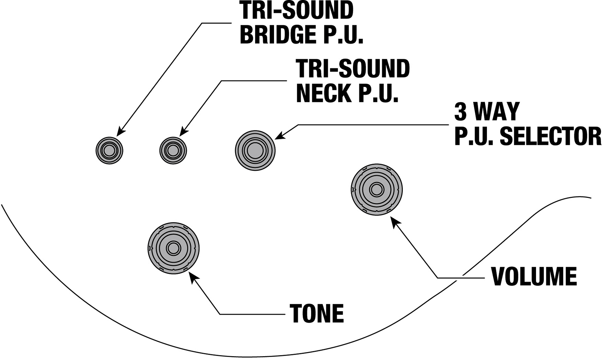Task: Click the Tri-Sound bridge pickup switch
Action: (109, 150)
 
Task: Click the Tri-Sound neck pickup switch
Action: (173, 150)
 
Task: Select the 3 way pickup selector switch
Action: (255, 150)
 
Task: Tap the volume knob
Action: (376, 190)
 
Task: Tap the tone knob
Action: (173, 248)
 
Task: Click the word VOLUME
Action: (534, 277)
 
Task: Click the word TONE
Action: (317, 313)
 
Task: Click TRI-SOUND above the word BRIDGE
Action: (297, 11)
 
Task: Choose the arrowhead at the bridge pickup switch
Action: (120, 132)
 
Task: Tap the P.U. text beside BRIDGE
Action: (342, 34)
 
